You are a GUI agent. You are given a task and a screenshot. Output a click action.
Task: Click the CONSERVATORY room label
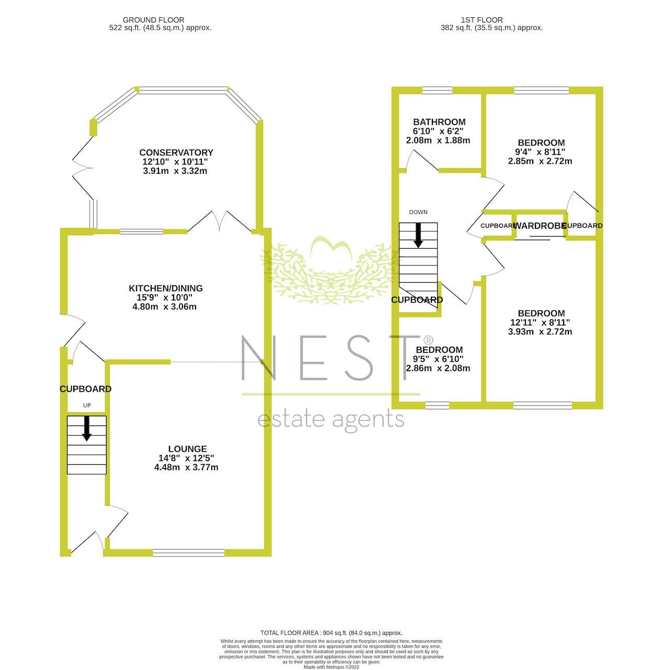coord(176,152)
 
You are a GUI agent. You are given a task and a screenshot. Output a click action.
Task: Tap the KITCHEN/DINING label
coord(166,288)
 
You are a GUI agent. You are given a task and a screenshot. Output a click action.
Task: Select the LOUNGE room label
coord(187,449)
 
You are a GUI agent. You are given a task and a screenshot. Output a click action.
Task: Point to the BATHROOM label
coord(439,122)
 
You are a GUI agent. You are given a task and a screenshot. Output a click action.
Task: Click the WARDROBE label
coord(540,226)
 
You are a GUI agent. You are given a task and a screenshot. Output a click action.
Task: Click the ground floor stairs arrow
coord(86,428)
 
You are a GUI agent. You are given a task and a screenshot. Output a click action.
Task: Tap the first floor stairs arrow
coord(418,235)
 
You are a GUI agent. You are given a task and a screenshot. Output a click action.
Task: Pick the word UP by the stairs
coord(87,406)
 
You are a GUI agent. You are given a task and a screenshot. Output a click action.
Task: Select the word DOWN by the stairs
coord(418,212)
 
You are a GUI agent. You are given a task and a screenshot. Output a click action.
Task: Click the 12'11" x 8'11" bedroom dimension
coord(541,322)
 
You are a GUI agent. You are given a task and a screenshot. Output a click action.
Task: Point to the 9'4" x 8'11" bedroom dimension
coord(541,152)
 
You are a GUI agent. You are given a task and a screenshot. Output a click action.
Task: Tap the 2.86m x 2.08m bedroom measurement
coord(438,368)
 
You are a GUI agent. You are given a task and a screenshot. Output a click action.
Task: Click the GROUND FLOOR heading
coord(153,20)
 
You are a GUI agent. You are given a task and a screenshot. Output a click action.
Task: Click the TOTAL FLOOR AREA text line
coord(331,633)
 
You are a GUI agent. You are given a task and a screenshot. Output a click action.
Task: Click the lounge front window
coord(189,552)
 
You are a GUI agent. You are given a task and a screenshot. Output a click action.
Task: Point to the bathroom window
coord(437,91)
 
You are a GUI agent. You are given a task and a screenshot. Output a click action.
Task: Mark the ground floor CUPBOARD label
coord(85,389)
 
